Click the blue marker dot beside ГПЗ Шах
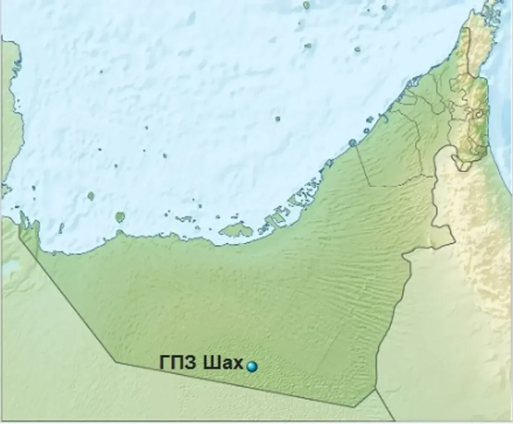[251, 367]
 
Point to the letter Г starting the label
[165, 363]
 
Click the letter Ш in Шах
[210, 363]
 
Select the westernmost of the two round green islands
[91, 196]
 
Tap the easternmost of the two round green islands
[120, 217]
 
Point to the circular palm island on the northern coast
[353, 143]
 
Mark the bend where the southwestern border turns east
[117, 361]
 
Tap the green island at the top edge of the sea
[306, 5]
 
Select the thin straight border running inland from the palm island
[363, 166]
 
